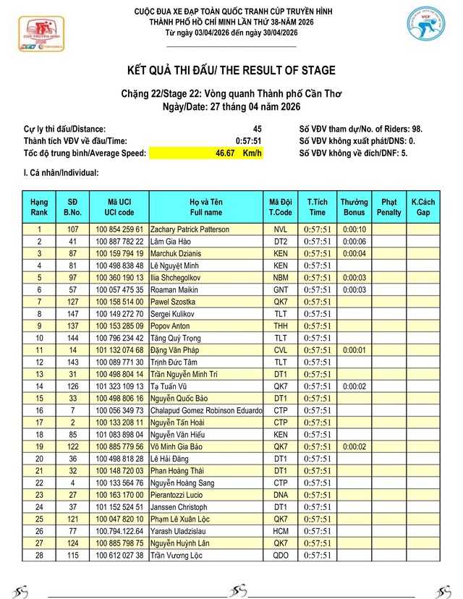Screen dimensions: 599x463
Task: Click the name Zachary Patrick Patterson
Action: (189, 229)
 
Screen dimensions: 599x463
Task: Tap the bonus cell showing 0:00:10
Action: (354, 229)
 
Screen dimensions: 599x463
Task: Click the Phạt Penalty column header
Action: (388, 207)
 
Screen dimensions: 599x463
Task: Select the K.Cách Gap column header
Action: (422, 207)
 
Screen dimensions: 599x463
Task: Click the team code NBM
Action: (281, 277)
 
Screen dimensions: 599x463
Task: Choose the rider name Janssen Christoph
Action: (178, 506)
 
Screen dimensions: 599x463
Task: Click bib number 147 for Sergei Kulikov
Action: (72, 313)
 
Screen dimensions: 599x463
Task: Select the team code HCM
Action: (281, 530)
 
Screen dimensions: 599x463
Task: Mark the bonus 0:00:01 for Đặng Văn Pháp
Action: (354, 349)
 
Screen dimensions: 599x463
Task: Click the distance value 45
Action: (257, 128)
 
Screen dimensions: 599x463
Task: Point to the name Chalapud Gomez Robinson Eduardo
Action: (205, 410)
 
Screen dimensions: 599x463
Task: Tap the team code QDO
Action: (281, 555)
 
